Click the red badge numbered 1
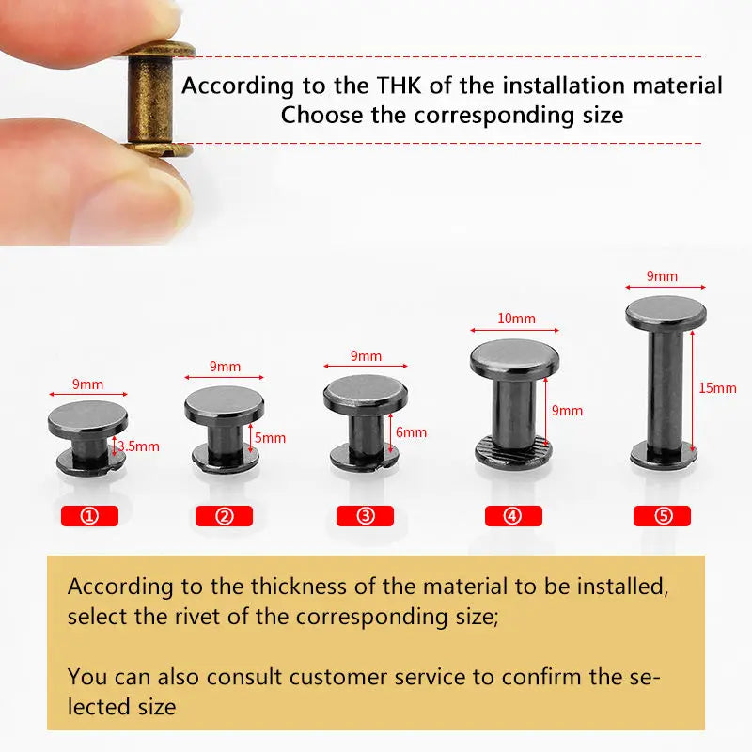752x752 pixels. tap(89, 516)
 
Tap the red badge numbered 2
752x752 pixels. tap(224, 516)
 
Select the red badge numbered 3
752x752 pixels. tap(365, 516)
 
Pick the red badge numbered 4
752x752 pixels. tap(513, 516)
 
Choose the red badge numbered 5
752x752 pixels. tap(662, 516)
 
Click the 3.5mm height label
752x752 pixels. tap(138, 446)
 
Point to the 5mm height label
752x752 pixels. tap(270, 438)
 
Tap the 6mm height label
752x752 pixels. tap(411, 432)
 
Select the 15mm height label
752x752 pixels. tap(717, 388)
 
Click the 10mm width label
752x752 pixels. tap(516, 319)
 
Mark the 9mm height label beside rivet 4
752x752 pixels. tap(568, 411)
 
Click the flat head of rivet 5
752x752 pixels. tap(666, 313)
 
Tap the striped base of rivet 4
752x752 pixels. tap(513, 450)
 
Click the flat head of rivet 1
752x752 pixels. tap(87, 418)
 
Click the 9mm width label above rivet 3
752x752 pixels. tap(366, 356)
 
